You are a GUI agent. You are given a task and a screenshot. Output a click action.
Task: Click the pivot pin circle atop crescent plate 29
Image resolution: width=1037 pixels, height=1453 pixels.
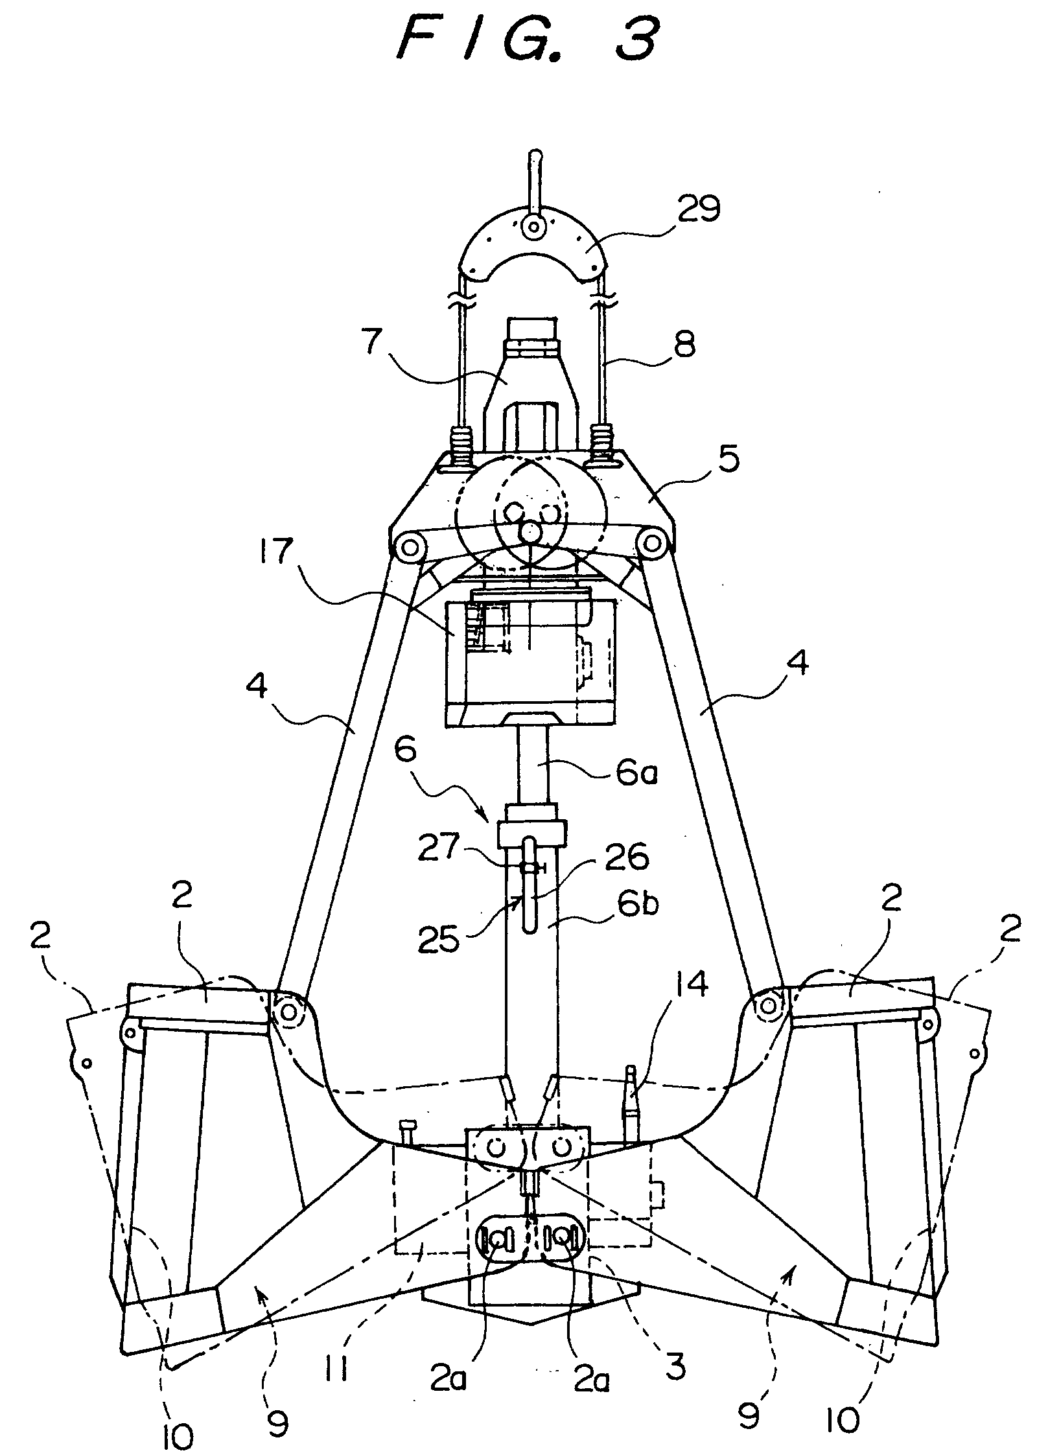pos(535,227)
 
